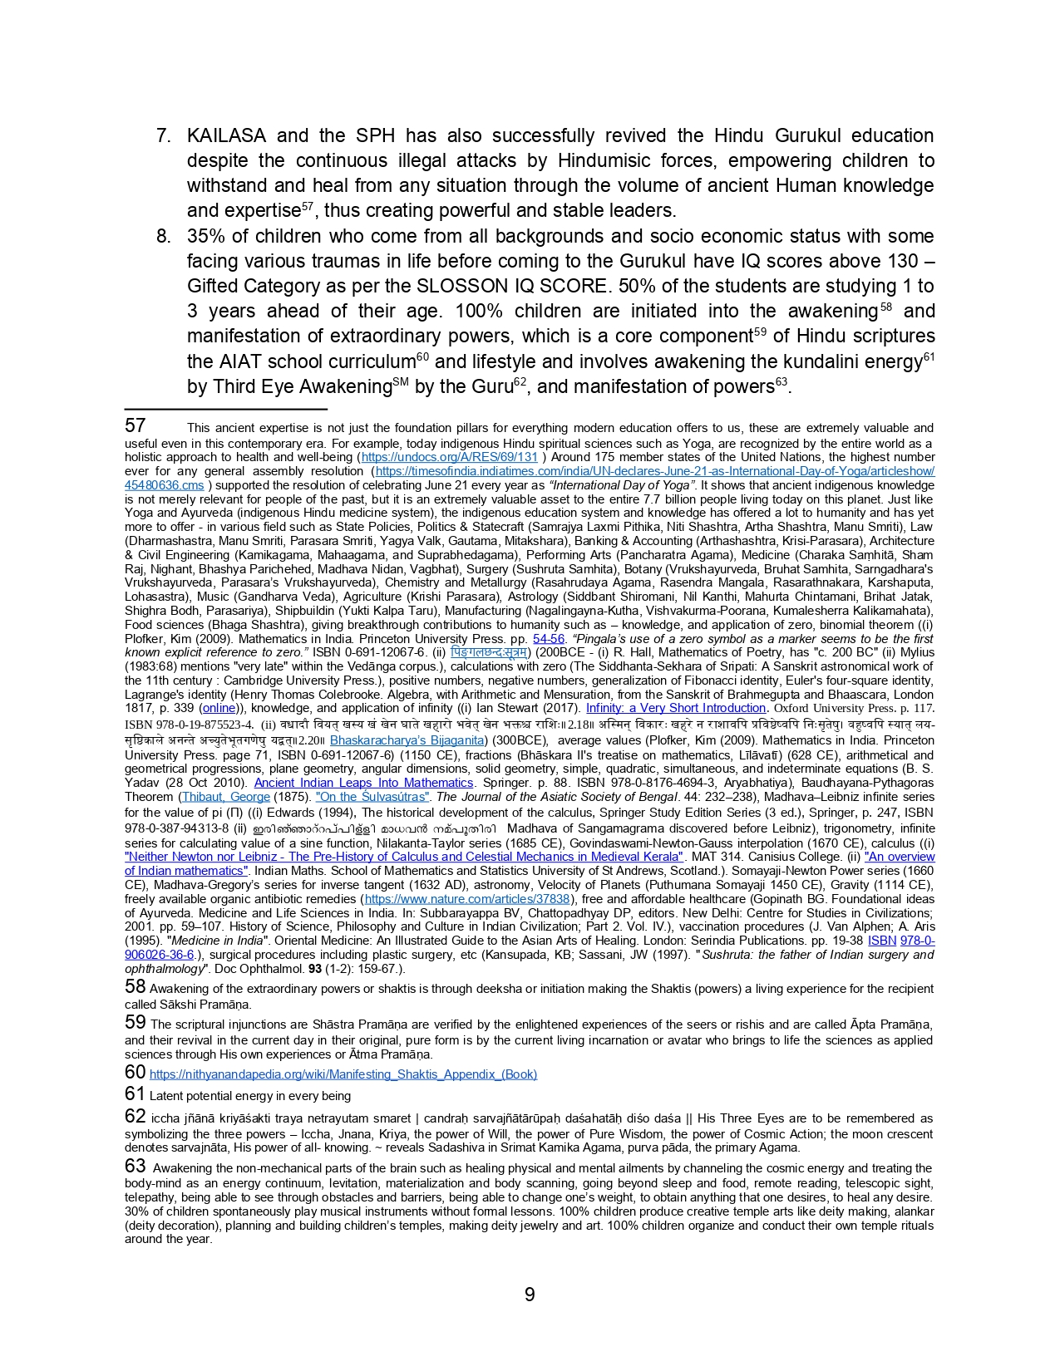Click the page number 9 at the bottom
530,1295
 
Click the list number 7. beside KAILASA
164,135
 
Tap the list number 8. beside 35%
164,236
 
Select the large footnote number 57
136,425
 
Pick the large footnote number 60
136,1072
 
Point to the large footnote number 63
136,1166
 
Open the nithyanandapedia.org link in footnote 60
343,1074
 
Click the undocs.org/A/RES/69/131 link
450,457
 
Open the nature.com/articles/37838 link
467,899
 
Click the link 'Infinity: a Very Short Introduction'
675,708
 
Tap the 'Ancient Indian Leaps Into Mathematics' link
363,783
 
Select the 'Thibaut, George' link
225,797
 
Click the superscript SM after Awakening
400,382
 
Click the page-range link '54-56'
549,639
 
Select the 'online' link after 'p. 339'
219,708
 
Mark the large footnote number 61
136,1093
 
